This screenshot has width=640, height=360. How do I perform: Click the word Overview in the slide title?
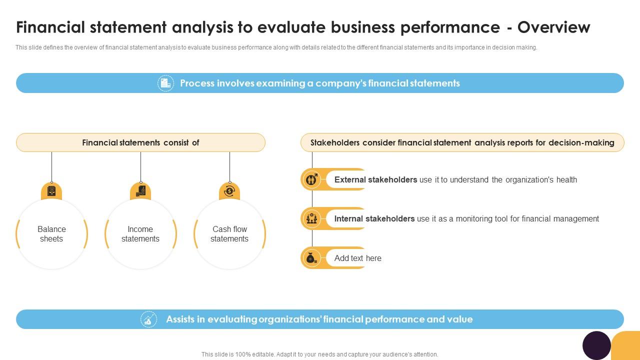[553, 27]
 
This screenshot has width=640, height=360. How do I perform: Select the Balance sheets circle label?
[51, 234]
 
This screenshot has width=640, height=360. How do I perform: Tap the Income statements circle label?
[140, 234]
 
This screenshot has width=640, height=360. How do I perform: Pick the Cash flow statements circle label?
[229, 234]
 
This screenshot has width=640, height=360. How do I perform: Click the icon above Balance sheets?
[51, 191]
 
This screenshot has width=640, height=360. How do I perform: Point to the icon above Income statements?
[140, 191]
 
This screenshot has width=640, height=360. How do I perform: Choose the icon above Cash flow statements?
[229, 191]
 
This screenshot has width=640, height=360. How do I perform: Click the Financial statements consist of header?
[140, 142]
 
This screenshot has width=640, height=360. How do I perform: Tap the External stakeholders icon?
[312, 179]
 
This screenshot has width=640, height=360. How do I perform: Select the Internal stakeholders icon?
[312, 218]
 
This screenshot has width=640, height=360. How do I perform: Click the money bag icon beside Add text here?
[312, 258]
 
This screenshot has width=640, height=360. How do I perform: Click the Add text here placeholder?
[357, 258]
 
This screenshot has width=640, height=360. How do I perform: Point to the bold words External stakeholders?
[375, 179]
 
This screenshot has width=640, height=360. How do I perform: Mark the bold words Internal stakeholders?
[374, 218]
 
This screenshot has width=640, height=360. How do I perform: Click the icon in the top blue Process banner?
[165, 83]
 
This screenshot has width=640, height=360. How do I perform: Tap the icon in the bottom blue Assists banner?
[148, 319]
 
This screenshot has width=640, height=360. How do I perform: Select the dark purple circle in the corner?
[596, 345]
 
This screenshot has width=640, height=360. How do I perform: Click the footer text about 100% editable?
[319, 354]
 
